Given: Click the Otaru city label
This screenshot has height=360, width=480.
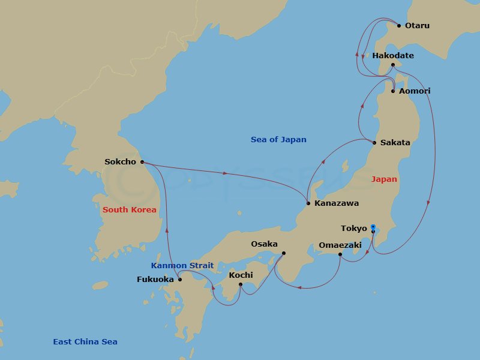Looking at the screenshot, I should click(x=417, y=26).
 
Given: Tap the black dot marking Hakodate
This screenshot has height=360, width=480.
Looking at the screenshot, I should click(x=392, y=65).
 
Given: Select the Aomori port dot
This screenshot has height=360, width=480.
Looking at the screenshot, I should click(x=392, y=91).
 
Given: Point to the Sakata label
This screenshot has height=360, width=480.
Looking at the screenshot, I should click(x=395, y=143).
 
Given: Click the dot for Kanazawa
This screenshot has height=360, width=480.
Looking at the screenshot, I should click(x=308, y=203).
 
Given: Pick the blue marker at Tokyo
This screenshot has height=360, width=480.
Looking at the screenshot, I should click(x=373, y=227).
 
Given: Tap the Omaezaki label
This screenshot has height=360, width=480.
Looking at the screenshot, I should click(x=340, y=245).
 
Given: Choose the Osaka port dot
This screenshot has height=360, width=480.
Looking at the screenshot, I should click(x=283, y=253).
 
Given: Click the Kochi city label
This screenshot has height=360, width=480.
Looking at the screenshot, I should click(x=241, y=275).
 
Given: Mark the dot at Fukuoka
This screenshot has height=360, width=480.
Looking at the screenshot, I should click(x=180, y=280).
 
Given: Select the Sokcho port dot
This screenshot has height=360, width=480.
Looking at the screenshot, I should click(x=142, y=162).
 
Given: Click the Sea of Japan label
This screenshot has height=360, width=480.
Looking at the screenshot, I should click(x=278, y=140).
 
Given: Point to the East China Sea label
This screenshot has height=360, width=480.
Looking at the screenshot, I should click(x=85, y=342).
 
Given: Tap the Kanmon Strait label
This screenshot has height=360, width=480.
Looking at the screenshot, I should click(x=182, y=266).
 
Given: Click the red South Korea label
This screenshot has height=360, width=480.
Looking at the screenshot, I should click(x=129, y=210).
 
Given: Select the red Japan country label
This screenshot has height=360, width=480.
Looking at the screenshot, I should click(x=384, y=179).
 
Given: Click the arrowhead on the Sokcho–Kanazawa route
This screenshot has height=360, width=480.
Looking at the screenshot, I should click(x=225, y=173).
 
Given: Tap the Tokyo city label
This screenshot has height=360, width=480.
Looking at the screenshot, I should click(x=354, y=229).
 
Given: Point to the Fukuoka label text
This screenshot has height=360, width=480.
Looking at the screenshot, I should click(x=155, y=280).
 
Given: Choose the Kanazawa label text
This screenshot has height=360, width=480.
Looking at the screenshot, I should click(x=337, y=203).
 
